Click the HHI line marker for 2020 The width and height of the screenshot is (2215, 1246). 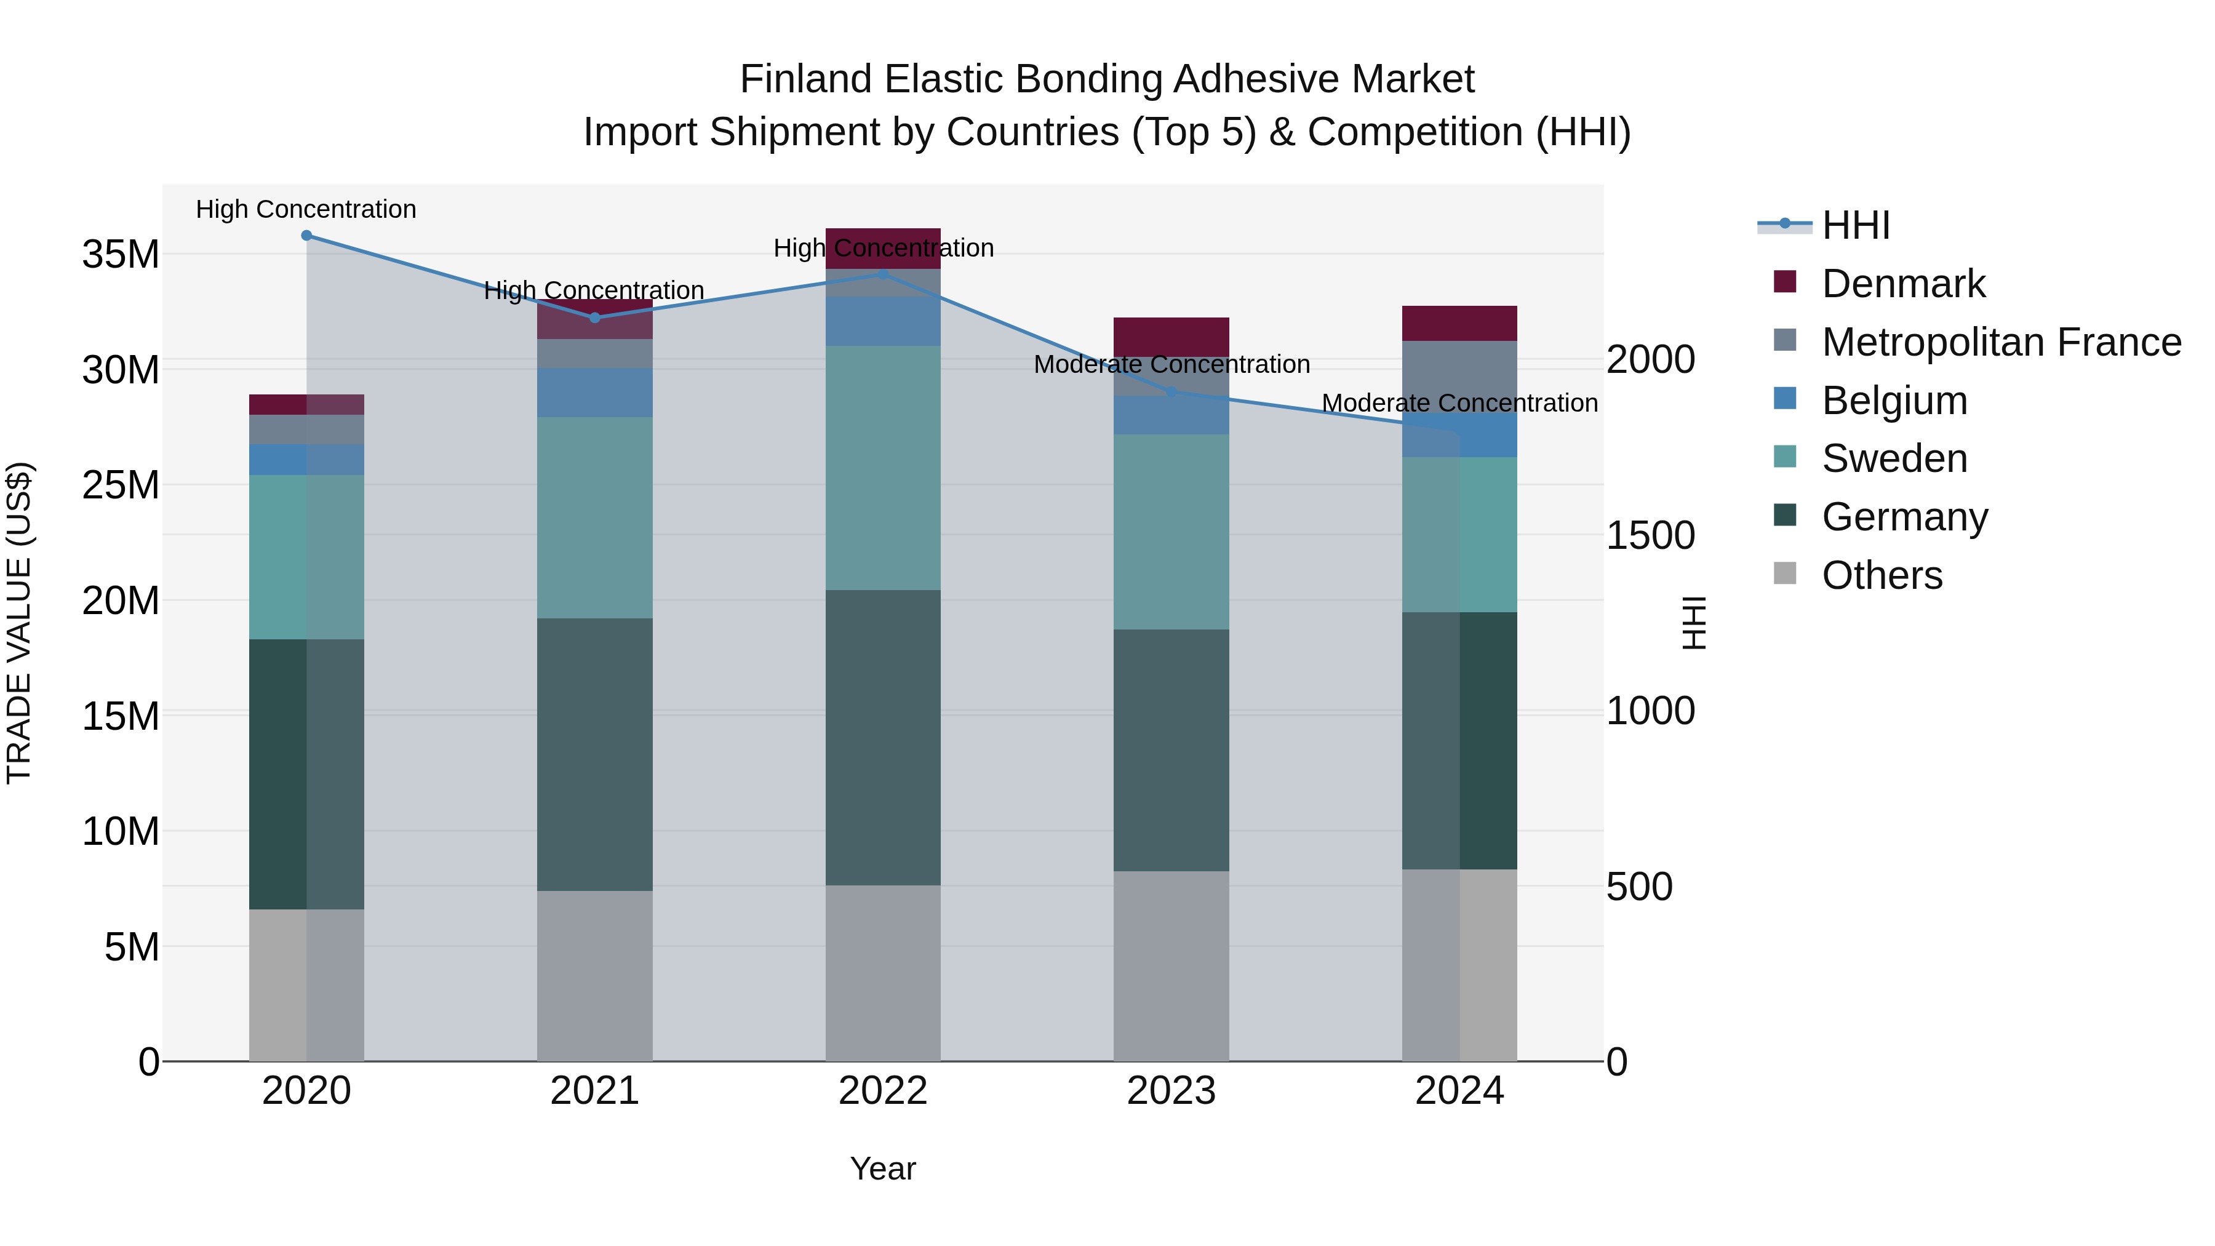click(306, 236)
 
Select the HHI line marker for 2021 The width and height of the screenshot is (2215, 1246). click(594, 318)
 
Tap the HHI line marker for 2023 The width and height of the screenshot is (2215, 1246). click(1170, 392)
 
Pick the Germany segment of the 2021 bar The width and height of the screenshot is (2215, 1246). click(594, 754)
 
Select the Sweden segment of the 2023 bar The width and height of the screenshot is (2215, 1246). click(1170, 532)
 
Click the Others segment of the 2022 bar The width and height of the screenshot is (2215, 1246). click(882, 973)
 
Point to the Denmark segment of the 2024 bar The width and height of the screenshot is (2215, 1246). click(1459, 323)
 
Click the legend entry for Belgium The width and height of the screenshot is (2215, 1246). click(1894, 401)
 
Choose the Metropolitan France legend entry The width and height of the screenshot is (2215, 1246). click(2001, 342)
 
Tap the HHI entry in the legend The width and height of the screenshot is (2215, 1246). click(1856, 225)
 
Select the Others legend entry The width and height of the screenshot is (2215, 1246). click(1882, 575)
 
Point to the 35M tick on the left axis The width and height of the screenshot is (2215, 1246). click(121, 255)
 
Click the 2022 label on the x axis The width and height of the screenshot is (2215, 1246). click(882, 1091)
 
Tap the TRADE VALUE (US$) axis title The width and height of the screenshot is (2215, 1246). click(19, 623)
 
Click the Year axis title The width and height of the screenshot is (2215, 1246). click(882, 1168)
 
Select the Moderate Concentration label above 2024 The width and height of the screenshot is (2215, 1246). click(1459, 402)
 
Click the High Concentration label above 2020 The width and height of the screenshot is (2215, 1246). click(306, 209)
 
